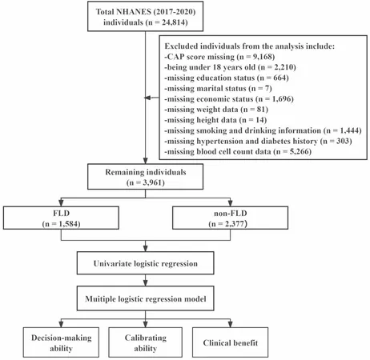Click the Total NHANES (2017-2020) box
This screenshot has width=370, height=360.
pyautogui.click(x=145, y=16)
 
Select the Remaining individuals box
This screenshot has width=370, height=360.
pyautogui.click(x=145, y=177)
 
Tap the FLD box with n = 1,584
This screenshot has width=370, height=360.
pyautogui.click(x=61, y=218)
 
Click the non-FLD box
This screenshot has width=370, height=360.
pyautogui.click(x=230, y=218)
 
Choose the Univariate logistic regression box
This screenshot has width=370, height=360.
pyautogui.click(x=145, y=263)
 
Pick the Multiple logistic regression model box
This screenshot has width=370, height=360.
pyautogui.click(x=145, y=298)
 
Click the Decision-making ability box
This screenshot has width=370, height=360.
pyautogui.click(x=61, y=342)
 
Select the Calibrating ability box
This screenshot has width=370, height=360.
pyautogui.click(x=145, y=342)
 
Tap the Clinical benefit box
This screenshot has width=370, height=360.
pyautogui.click(x=230, y=342)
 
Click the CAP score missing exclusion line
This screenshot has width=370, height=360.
pyautogui.click(x=219, y=57)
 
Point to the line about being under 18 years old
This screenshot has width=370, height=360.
pyautogui.click(x=230, y=67)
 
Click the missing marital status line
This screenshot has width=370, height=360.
pyautogui.click(x=218, y=88)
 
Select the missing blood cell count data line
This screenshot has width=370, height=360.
pyautogui.click(x=238, y=152)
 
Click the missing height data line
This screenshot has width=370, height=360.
pyautogui.click(x=215, y=120)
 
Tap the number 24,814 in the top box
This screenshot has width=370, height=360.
pyautogui.click(x=173, y=22)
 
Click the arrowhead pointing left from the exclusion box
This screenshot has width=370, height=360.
pyautogui.click(x=147, y=98)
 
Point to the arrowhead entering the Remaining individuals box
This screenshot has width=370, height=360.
pyautogui.click(x=145, y=161)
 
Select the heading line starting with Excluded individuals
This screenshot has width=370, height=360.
pyautogui.click(x=249, y=46)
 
